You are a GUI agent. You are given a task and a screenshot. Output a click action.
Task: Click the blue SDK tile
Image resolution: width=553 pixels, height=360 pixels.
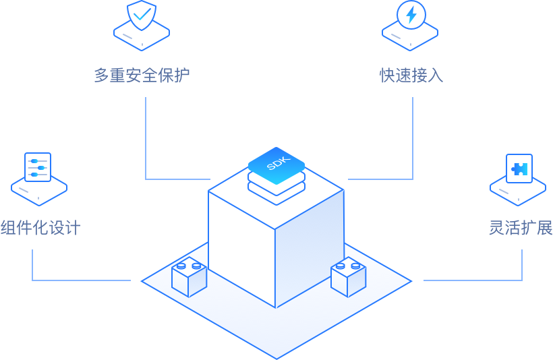[x=276, y=164]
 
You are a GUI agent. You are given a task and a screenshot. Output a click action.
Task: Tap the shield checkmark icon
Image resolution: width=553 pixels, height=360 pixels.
[x=142, y=14]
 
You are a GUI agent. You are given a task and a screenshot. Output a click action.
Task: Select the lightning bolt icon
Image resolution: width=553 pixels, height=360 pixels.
[x=411, y=14]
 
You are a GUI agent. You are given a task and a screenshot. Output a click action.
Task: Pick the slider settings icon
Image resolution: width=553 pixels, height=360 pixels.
[x=38, y=166]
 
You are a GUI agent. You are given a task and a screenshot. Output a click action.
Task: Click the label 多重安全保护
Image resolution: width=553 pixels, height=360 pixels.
[x=142, y=75]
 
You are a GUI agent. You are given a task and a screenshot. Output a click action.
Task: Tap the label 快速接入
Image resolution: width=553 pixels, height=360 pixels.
[x=411, y=75]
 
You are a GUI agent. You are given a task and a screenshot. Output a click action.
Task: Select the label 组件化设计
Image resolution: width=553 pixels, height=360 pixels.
[x=40, y=227]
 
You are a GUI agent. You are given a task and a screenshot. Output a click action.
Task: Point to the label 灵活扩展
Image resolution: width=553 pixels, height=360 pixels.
[x=520, y=227]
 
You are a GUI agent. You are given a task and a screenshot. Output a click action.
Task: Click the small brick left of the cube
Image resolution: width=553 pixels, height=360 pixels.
[x=189, y=277]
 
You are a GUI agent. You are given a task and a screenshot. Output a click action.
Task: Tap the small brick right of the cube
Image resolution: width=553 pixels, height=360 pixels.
[x=348, y=277]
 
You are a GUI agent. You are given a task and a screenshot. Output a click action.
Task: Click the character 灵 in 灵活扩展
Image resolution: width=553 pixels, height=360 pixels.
[x=496, y=227]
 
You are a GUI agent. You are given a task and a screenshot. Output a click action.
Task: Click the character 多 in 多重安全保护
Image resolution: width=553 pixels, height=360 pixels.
[x=102, y=75]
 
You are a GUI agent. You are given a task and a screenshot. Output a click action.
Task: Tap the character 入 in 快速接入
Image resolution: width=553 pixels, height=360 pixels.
[x=435, y=75]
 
